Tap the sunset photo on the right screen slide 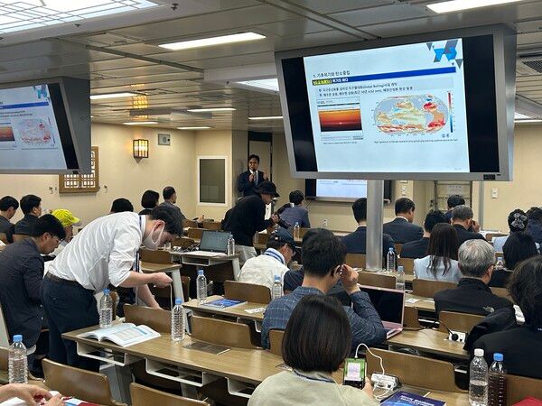[x=340, y=116]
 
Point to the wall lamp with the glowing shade [x=140, y=148]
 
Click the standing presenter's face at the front [x=254, y=162]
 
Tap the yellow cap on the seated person [x=65, y=217]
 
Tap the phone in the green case [x=355, y=371]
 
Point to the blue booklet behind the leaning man [x=222, y=303]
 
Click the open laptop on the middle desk [x=214, y=242]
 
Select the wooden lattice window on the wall [x=80, y=171]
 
